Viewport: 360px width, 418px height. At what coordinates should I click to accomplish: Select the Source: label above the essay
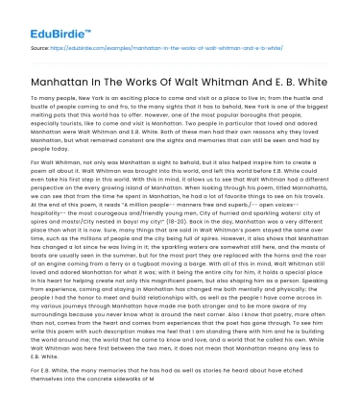coord(39,45)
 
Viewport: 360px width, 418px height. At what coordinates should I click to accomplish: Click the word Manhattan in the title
coord(67,74)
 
